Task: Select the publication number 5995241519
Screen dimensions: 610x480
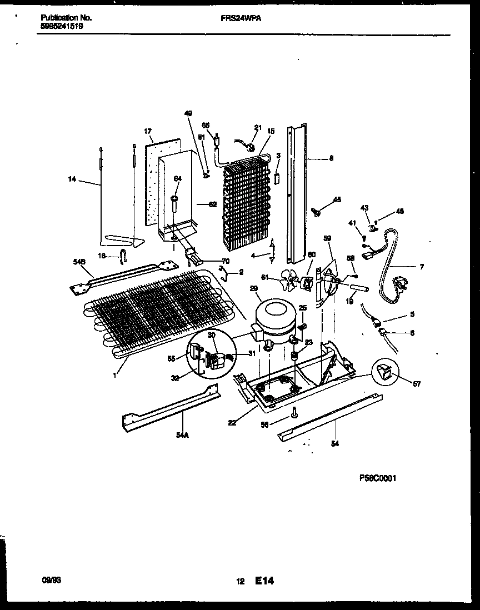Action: pos(62,26)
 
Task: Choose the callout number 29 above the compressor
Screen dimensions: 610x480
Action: pos(254,288)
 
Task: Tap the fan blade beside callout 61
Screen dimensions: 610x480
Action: pos(288,279)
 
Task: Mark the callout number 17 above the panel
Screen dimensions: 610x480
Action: pos(148,132)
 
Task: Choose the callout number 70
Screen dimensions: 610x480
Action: pos(225,260)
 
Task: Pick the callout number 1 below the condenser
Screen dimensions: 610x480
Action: pos(115,376)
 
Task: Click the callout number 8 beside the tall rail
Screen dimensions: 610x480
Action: pos(331,158)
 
